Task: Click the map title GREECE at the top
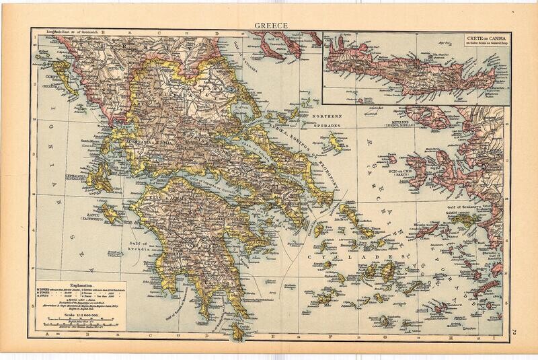[267, 26]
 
